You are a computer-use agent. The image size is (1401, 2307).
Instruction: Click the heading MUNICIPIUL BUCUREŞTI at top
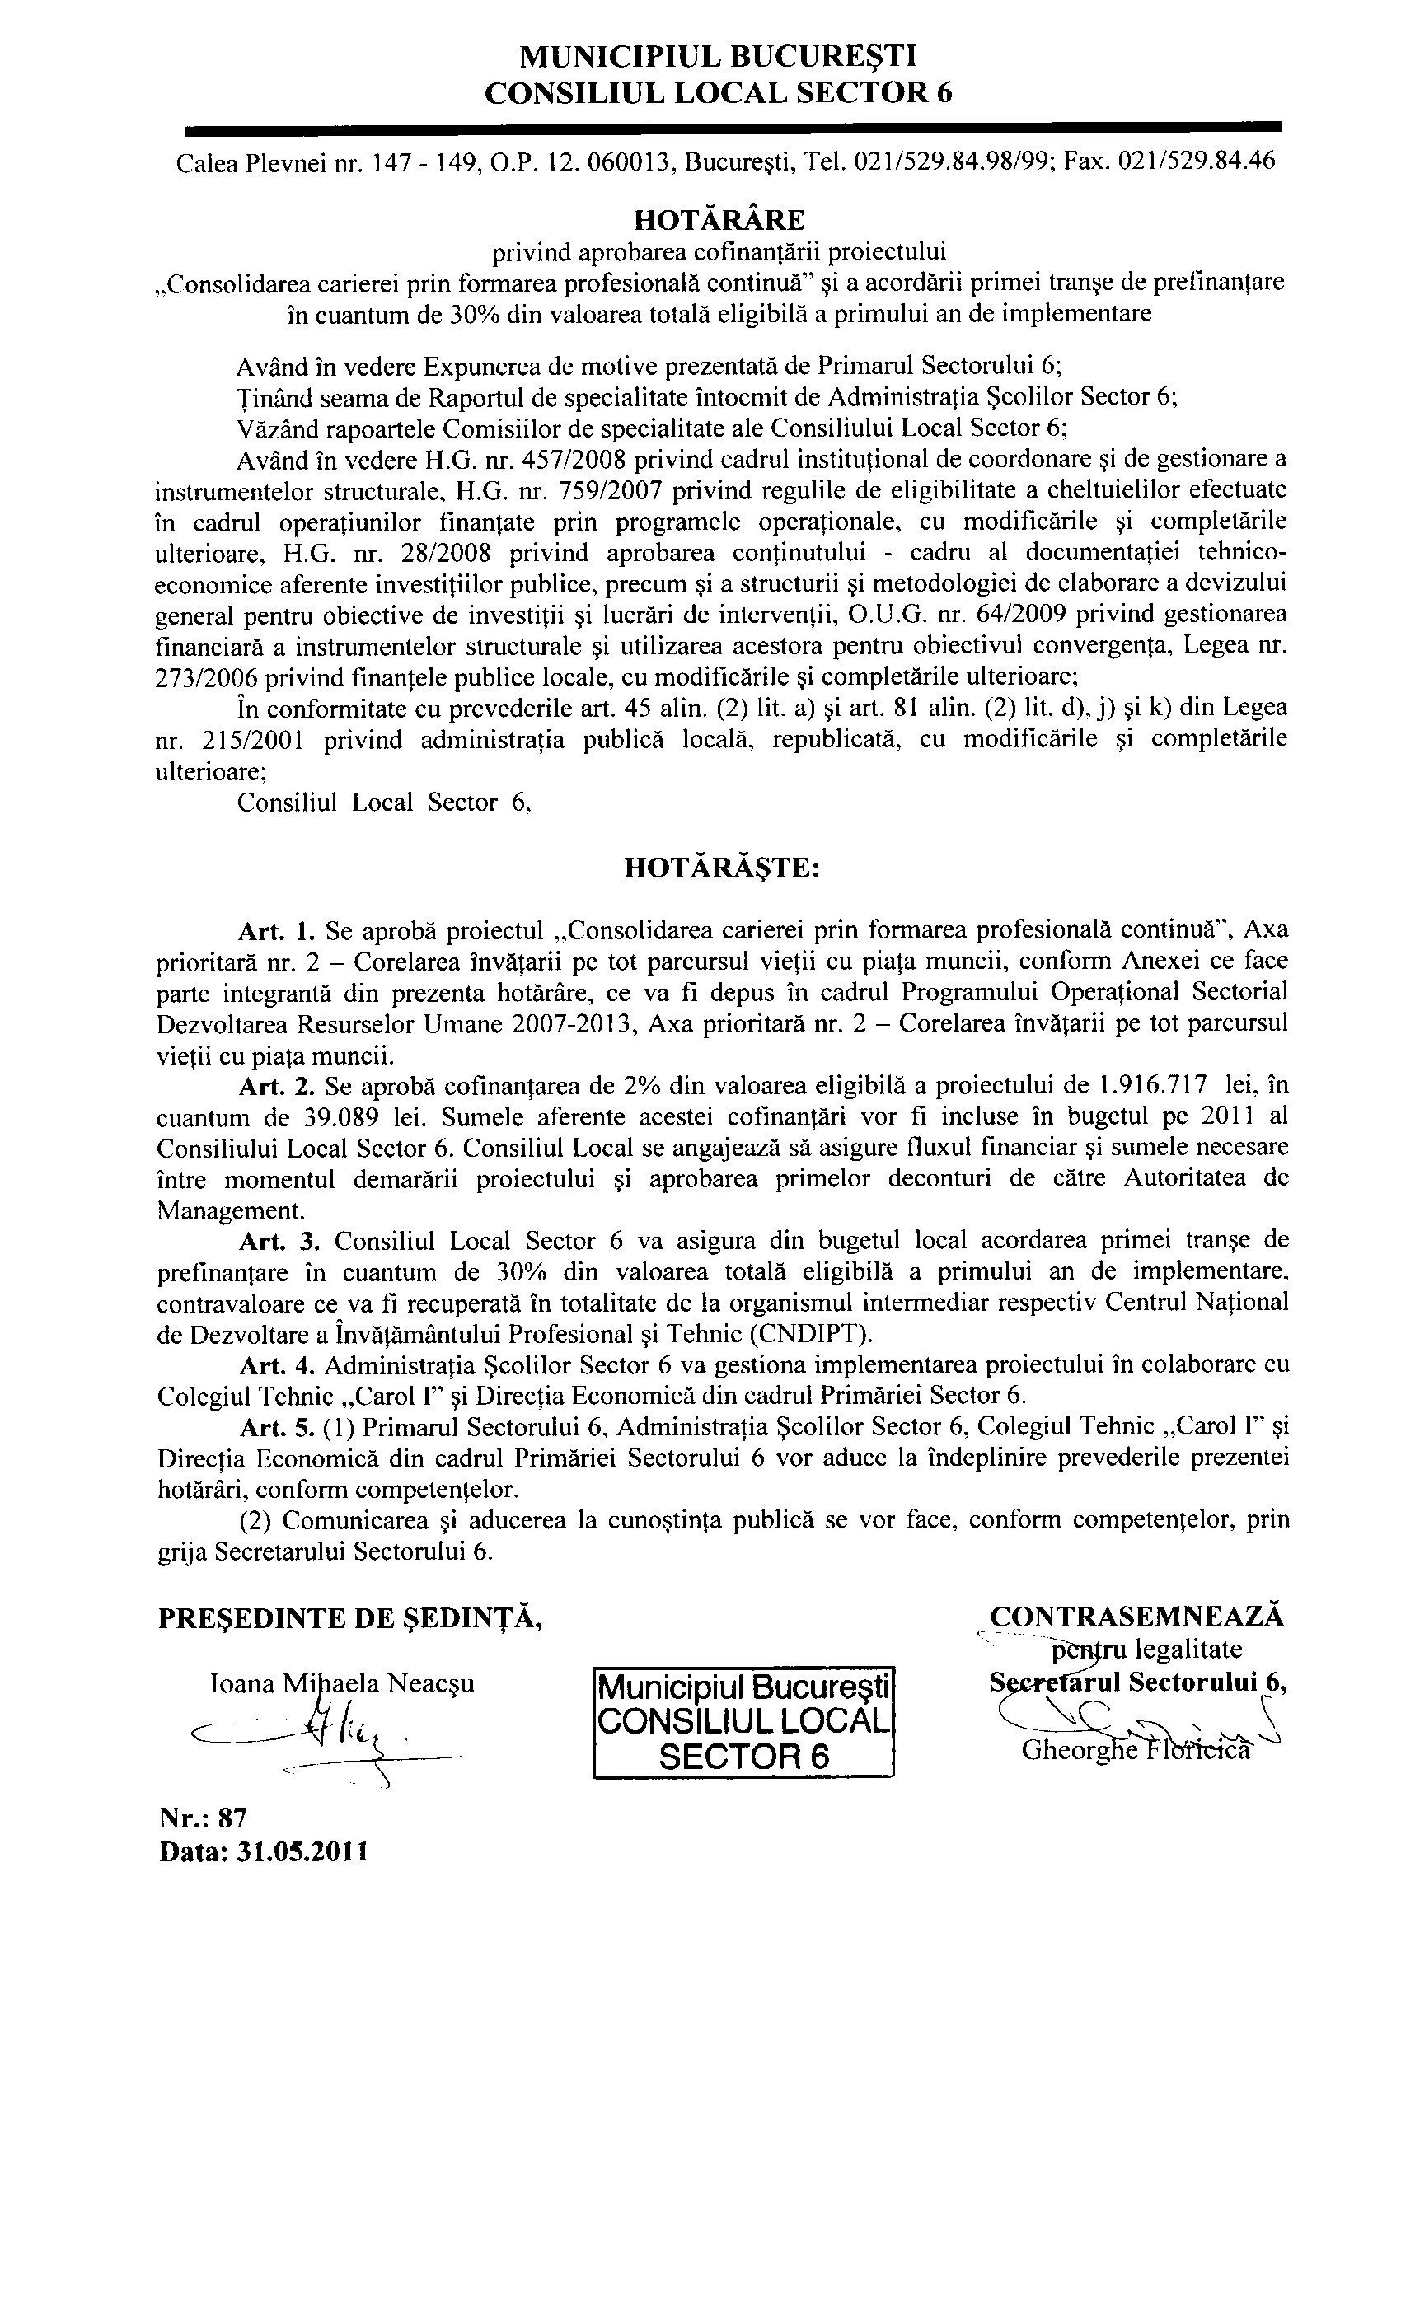click(x=719, y=58)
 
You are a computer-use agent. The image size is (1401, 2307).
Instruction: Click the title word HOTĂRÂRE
click(x=719, y=220)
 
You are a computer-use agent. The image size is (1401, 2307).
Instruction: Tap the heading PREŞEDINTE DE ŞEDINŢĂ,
click(x=351, y=1618)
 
